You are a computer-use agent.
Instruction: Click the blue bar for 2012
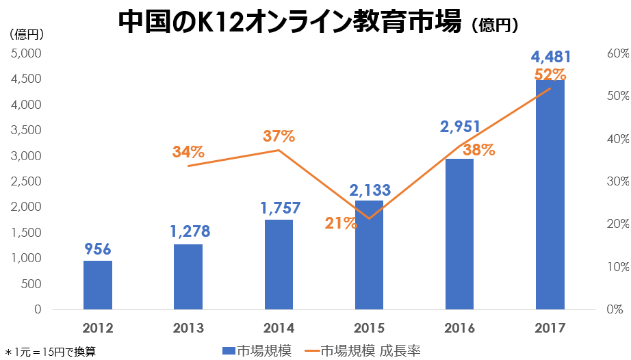98,285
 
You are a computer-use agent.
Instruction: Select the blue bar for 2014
279,264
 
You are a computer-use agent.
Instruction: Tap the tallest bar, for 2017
550,195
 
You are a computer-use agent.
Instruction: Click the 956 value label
98,248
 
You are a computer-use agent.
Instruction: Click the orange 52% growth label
550,74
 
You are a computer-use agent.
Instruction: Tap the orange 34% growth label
188,152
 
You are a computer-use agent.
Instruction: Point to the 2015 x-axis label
369,327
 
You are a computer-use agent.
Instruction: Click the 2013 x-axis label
188,327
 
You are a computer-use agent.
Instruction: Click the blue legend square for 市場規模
229,351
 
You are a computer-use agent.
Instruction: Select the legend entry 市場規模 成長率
370,351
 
